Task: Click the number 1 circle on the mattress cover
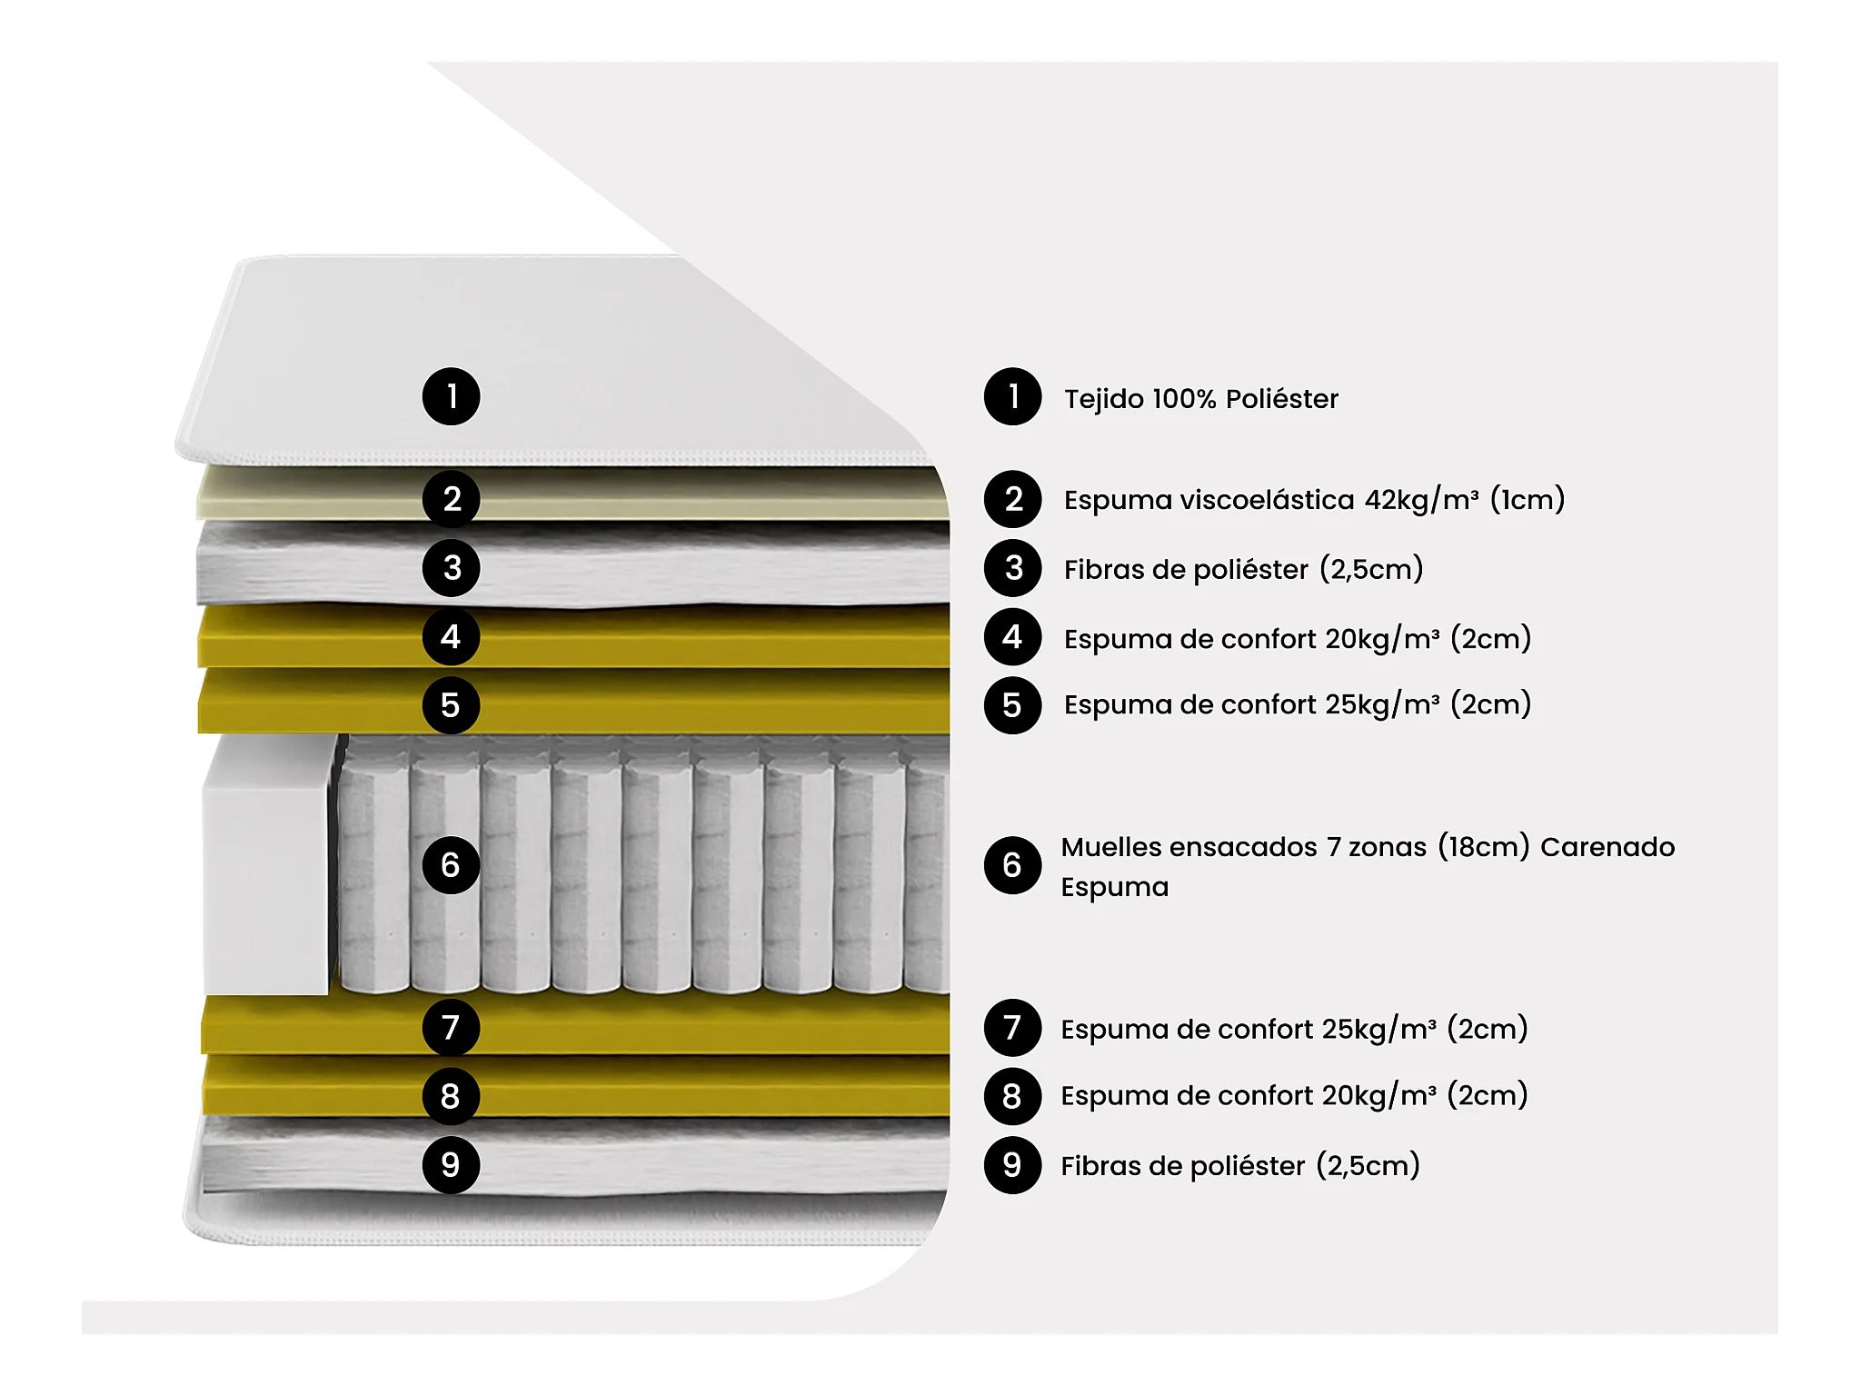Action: [x=451, y=396]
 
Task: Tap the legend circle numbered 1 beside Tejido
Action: [x=1012, y=396]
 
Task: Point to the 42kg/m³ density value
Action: [x=1421, y=500]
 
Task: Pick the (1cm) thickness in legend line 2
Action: [x=1528, y=500]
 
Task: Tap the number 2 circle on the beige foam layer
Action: [x=451, y=499]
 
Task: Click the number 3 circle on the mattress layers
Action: [x=451, y=568]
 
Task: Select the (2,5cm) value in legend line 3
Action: [x=1371, y=570]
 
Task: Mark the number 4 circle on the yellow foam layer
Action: [x=451, y=636]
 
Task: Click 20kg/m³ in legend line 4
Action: [x=1382, y=639]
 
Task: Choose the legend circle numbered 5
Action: [x=1012, y=705]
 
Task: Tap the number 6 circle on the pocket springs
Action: [x=451, y=865]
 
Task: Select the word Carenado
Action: [x=1607, y=847]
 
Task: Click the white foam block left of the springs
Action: [x=265, y=863]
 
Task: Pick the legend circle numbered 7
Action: [x=1012, y=1028]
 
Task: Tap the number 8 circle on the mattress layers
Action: [x=451, y=1096]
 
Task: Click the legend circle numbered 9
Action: [x=1012, y=1165]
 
